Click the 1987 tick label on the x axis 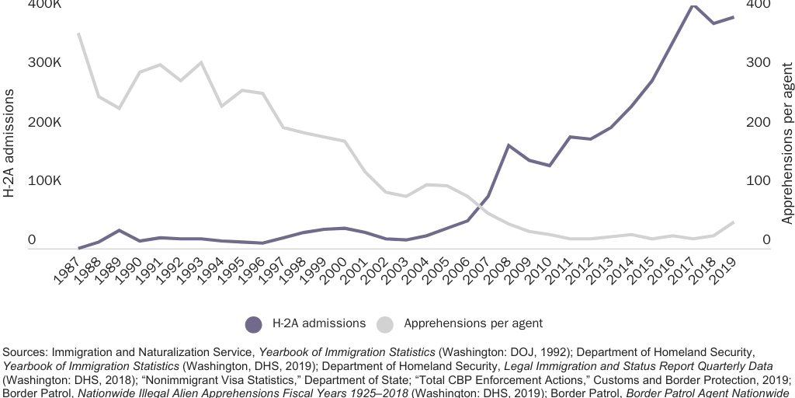68,269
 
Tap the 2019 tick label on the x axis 723,269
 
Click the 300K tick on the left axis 44,63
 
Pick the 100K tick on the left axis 44,181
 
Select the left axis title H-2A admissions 9,143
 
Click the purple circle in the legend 253,323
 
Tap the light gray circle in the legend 386,323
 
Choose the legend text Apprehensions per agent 473,323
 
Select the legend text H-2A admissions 318,323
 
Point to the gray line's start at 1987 78,33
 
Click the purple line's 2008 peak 508,145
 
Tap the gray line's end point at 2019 734,222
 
